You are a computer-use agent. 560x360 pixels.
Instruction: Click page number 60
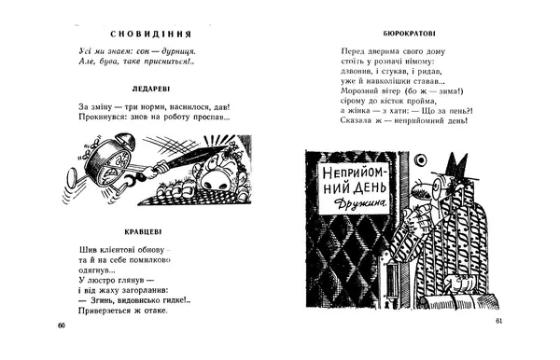61,325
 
